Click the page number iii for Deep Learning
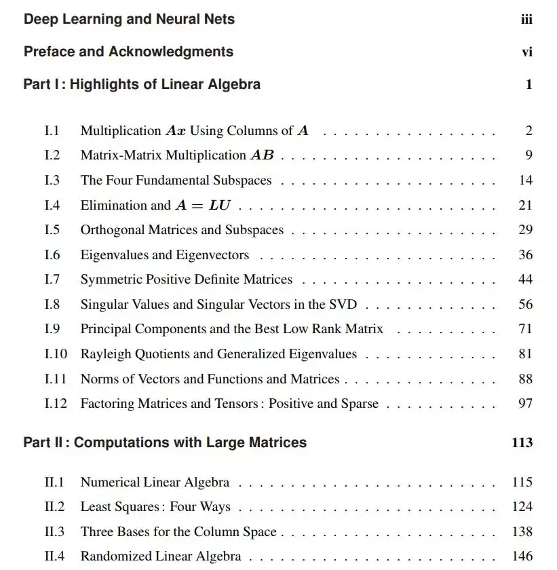[526, 20]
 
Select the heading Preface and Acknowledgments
[128, 52]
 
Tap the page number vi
[527, 52]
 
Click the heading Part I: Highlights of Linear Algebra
[142, 84]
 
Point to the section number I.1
[52, 130]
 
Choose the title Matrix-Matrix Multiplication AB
[177, 155]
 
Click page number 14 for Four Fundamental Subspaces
[525, 180]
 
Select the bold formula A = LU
[203, 206]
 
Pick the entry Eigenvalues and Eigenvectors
[164, 255]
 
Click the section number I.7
[52, 280]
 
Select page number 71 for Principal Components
[525, 329]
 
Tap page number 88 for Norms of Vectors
[525, 379]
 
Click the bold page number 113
[522, 442]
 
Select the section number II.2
[54, 507]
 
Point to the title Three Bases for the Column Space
[178, 532]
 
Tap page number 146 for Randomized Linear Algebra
[522, 556]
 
